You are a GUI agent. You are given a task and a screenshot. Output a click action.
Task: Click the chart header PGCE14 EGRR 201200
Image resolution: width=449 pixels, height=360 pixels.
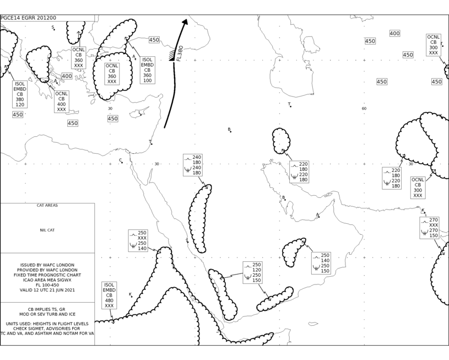click(x=28, y=18)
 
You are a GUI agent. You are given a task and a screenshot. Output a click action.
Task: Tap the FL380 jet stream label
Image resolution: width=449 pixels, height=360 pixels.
click(x=180, y=53)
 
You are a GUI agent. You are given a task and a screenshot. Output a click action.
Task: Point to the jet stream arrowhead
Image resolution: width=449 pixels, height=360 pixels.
click(x=185, y=22)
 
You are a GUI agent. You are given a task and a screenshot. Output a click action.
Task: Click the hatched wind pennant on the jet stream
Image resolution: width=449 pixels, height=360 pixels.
click(x=172, y=55)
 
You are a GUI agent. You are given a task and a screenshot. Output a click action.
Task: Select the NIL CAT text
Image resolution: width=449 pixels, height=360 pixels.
click(x=47, y=230)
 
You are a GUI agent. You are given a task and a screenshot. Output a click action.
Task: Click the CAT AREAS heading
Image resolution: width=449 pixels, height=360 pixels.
click(x=47, y=205)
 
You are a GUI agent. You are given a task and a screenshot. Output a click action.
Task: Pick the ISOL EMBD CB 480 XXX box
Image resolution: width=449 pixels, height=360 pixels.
click(x=109, y=295)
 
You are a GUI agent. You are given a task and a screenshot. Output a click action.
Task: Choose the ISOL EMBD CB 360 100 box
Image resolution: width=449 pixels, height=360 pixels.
click(x=148, y=70)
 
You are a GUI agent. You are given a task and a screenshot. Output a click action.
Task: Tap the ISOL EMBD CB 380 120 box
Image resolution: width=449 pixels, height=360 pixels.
click(x=20, y=94)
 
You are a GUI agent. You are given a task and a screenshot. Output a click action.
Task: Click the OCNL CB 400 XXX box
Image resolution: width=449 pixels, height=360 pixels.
click(x=62, y=101)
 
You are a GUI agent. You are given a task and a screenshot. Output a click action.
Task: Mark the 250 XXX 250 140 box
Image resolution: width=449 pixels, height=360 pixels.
click(x=138, y=240)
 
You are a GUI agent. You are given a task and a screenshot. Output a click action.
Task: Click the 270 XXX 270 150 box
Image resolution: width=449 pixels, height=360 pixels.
click(x=430, y=228)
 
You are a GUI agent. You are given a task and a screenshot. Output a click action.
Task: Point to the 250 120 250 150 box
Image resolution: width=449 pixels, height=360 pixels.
click(x=252, y=272)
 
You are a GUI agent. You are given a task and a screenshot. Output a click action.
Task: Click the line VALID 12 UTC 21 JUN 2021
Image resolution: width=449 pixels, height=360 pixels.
click(x=47, y=290)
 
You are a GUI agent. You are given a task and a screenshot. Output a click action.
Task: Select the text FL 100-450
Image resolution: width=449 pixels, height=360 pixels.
click(x=47, y=285)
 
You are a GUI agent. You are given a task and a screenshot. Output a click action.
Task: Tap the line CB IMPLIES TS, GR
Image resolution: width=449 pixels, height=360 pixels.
click(x=47, y=309)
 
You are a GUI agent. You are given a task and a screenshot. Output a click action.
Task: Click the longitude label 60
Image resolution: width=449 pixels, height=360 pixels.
click(x=364, y=109)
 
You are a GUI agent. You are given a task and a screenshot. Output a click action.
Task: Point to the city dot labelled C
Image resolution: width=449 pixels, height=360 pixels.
click(x=122, y=163)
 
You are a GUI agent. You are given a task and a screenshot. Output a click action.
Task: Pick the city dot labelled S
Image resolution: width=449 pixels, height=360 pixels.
click(x=54, y=29)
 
